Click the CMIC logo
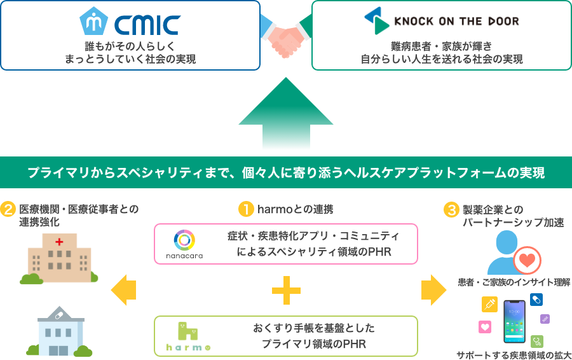coord(130,22)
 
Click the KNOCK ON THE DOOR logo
coord(441,22)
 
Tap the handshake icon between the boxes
coord(286,39)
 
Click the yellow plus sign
coord(286,290)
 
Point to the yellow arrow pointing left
coord(123,290)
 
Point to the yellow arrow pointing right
coord(433,290)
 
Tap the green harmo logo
coord(187,335)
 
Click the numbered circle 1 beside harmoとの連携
coord(245,209)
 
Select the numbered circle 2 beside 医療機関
coord(8,209)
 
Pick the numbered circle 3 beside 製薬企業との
coord(451,209)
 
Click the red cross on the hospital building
coord(60,242)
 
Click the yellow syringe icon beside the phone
coord(489,304)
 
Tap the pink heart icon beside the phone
coord(485,327)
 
